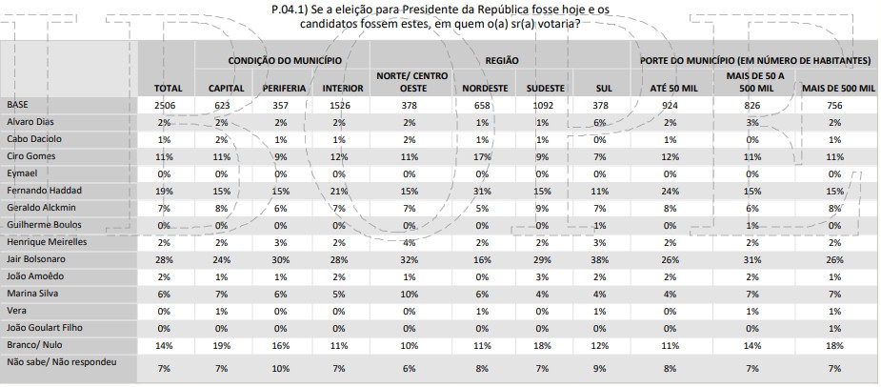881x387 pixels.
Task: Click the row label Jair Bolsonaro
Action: [36, 258]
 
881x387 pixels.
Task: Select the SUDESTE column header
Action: [546, 89]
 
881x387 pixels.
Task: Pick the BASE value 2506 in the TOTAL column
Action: [168, 105]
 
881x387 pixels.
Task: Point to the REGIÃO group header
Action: [502, 59]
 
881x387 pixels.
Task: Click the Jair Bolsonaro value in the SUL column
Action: [599, 258]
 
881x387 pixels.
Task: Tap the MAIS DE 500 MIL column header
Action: [838, 89]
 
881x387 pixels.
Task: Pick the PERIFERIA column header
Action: [283, 89]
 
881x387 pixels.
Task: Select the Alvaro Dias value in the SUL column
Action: [599, 123]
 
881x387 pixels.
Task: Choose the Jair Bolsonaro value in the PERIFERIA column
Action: [281, 258]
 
